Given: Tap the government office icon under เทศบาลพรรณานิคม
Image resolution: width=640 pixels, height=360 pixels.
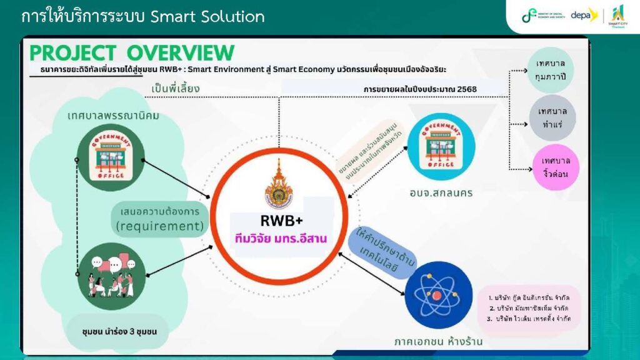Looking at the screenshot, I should pyautogui.click(x=109, y=156).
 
